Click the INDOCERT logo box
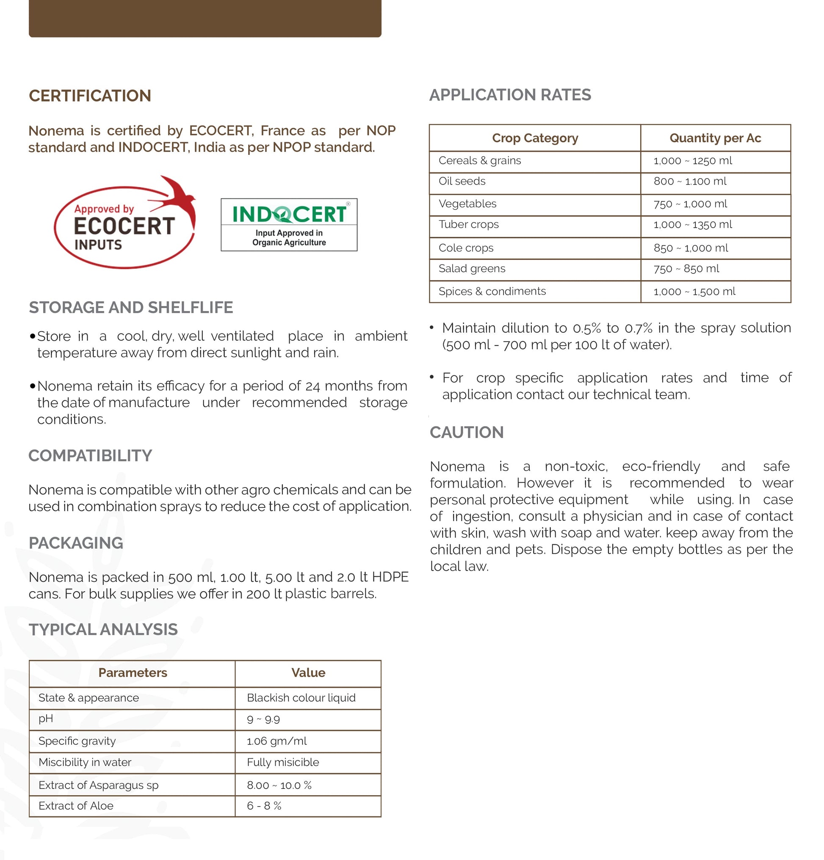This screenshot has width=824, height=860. pos(288,225)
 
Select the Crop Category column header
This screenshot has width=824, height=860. pos(535,138)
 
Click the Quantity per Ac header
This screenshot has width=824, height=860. pos(715,138)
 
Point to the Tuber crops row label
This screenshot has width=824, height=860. pos(468,225)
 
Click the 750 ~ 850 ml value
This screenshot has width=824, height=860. pos(686,269)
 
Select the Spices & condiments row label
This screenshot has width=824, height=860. pos(492,291)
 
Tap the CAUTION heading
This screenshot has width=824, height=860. pos(466,432)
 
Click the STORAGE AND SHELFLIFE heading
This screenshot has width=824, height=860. pos(131,307)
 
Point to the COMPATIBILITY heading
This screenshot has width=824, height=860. pos(90,455)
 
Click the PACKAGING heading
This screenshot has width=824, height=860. pos(75,543)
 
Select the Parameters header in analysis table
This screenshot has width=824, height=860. pos(133,673)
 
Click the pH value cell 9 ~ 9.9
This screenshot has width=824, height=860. pos(263,719)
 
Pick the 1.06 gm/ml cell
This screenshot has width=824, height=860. pos(277,741)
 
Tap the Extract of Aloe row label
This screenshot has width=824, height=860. pos(75,805)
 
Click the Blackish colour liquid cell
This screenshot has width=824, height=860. pos(301,697)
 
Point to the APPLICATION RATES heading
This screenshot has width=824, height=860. pos(510,95)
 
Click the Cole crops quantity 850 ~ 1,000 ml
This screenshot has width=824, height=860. pos(690,248)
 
